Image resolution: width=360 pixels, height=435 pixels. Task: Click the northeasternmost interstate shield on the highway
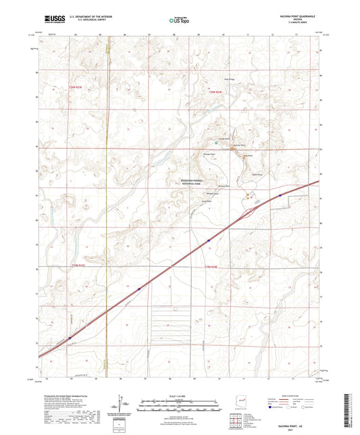280,196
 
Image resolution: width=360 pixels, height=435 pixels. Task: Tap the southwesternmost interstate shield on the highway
70,339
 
